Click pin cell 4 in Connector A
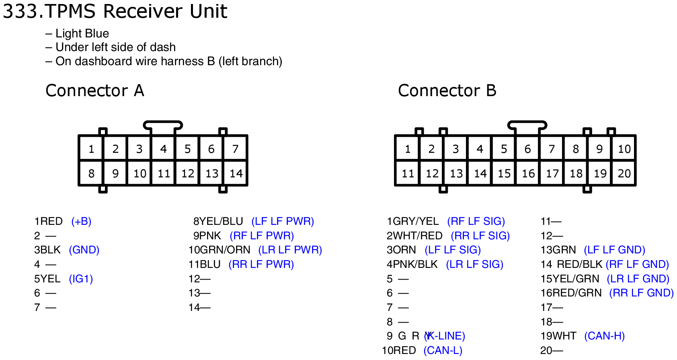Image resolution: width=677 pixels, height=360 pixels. coord(163,149)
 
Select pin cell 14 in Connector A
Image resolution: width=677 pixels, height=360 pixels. coord(236,173)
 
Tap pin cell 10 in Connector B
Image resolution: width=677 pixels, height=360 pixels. coord(624,149)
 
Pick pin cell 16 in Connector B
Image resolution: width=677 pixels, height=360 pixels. coord(528,173)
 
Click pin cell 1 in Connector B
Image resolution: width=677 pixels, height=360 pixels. coord(407,149)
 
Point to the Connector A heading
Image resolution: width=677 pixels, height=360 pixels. coord(95,91)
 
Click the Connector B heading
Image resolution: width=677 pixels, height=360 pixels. coord(447,91)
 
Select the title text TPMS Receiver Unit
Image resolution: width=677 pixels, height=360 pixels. coord(136,11)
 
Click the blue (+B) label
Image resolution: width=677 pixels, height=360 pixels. coord(81,221)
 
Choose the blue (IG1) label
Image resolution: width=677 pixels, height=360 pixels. coord(81,279)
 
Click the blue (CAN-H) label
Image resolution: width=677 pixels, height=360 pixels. coord(604,336)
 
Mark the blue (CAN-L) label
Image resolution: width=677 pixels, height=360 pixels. coord(443,350)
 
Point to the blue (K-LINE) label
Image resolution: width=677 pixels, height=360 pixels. coord(445,336)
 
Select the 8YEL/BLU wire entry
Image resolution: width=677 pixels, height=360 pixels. coord(218,221)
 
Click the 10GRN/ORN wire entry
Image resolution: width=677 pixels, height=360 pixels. coord(220,250)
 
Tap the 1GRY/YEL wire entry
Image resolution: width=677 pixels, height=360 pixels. coord(412,221)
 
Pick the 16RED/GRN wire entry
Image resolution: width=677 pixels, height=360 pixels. coord(571,293)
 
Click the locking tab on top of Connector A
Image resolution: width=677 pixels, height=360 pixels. coord(163,125)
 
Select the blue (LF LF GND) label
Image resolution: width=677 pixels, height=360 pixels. coord(614,250)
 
